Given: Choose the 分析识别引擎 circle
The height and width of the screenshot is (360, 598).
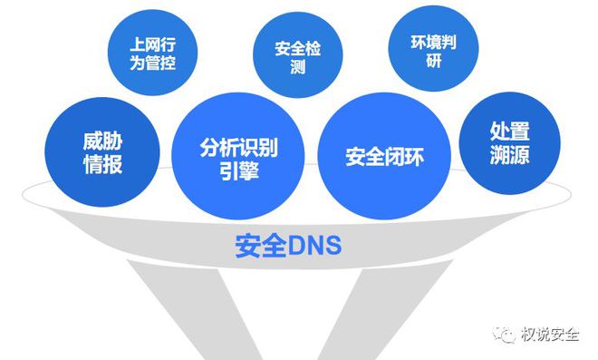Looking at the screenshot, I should pyautogui.click(x=227, y=157).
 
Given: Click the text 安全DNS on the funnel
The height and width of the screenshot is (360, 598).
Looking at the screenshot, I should pyautogui.click(x=288, y=246).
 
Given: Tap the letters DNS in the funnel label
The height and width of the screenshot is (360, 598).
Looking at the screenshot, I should pyautogui.click(x=314, y=246).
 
